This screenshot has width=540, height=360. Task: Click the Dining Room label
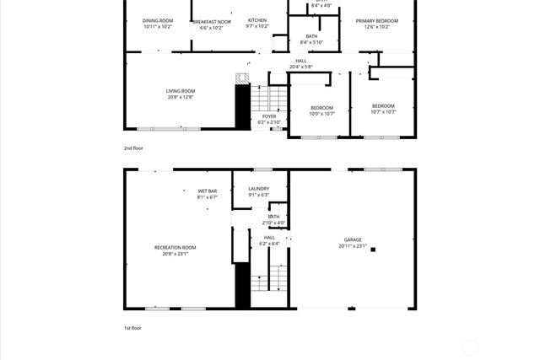coord(157,20)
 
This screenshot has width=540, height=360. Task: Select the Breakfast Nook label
coord(211,23)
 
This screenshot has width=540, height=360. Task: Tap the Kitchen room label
coord(256,20)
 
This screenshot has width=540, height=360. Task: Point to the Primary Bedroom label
coord(376,20)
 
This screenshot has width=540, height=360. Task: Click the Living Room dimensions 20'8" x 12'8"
coord(180,98)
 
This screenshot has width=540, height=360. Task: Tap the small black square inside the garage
coord(373,250)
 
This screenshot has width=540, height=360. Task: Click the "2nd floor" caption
coord(133,148)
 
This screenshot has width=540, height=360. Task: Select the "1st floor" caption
coord(132,328)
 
